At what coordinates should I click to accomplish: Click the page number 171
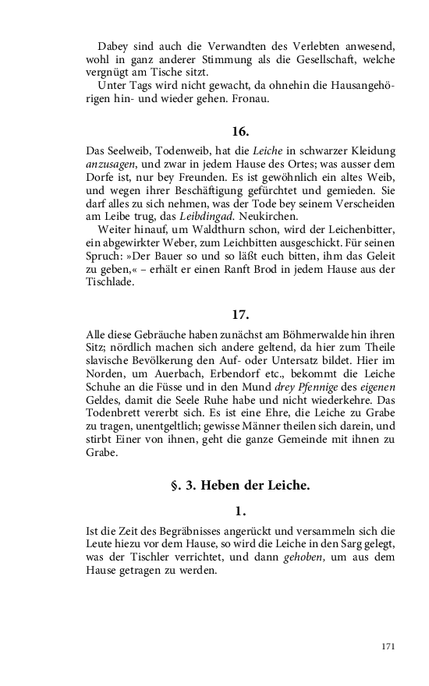(388, 646)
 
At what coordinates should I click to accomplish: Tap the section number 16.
(240, 129)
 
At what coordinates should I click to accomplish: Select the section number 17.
(240, 315)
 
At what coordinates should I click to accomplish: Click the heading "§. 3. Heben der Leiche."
(240, 486)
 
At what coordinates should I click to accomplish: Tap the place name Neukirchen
(304, 216)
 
